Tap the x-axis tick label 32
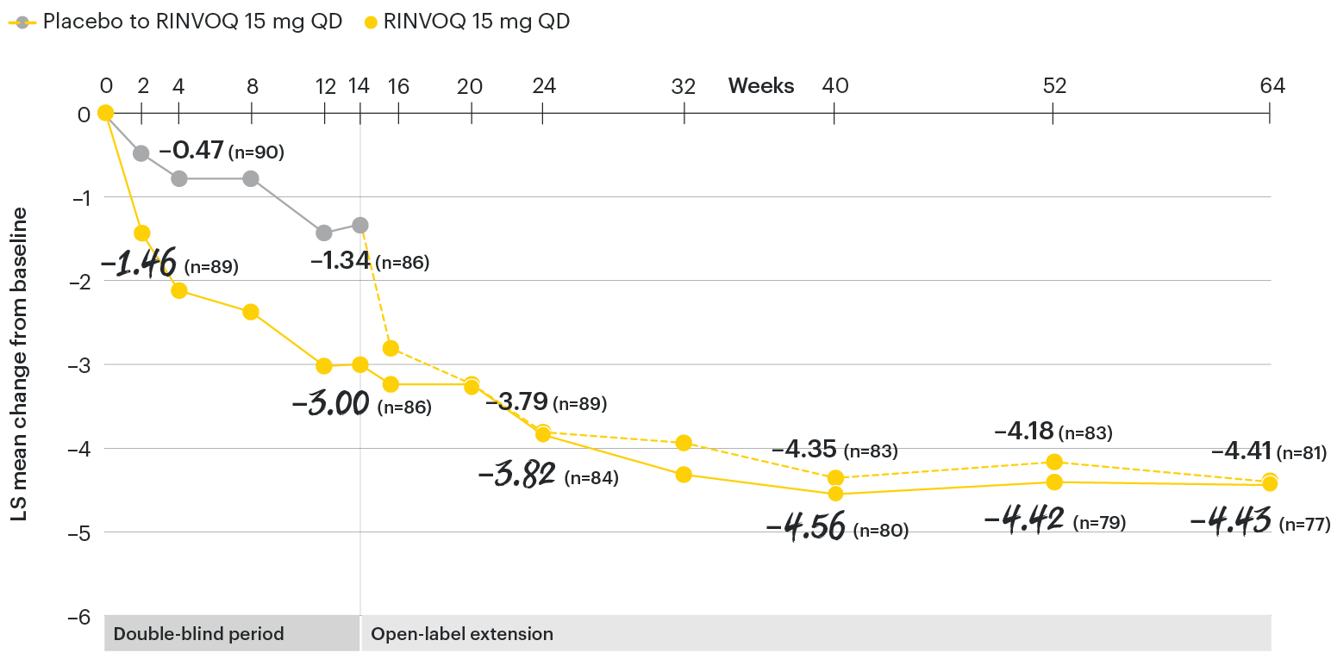[x=684, y=86]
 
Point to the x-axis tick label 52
[x=1053, y=86]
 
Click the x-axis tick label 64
[x=1271, y=86]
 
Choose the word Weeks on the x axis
[x=761, y=86]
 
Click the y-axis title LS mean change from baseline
[x=19, y=364]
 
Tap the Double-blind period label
[x=198, y=634]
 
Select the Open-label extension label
[x=461, y=634]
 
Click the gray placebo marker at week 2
[x=141, y=153]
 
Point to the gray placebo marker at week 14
[x=360, y=225]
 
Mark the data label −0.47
[x=191, y=151]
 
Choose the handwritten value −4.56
[x=806, y=527]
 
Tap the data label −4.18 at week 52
[x=1023, y=431]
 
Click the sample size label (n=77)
[x=1304, y=524]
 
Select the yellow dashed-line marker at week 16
[x=391, y=348]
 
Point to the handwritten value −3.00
[x=331, y=404]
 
